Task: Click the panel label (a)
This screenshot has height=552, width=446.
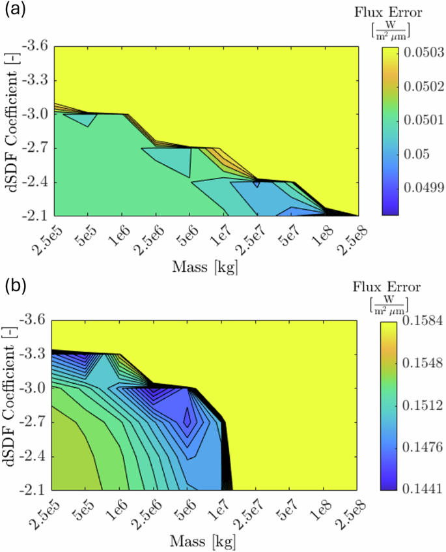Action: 14,10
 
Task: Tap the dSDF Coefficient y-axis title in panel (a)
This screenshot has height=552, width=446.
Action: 12,130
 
